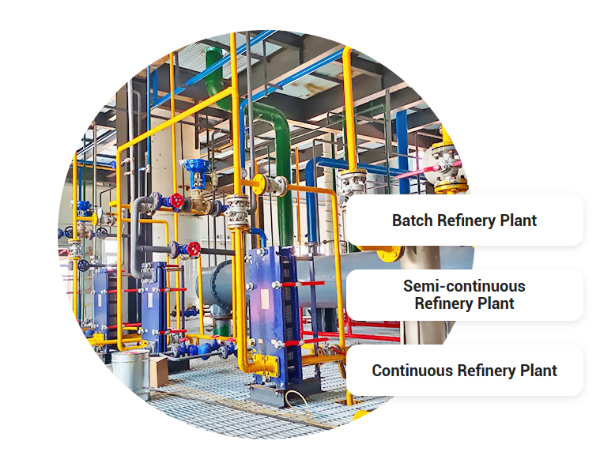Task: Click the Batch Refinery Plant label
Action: click(x=464, y=220)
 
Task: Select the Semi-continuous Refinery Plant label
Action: click(x=464, y=295)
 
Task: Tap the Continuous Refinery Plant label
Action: click(x=464, y=371)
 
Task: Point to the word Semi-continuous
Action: click(x=464, y=286)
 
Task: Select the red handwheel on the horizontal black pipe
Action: click(x=192, y=250)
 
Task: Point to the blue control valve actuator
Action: click(x=194, y=172)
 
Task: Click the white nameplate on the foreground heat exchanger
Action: click(x=263, y=265)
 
